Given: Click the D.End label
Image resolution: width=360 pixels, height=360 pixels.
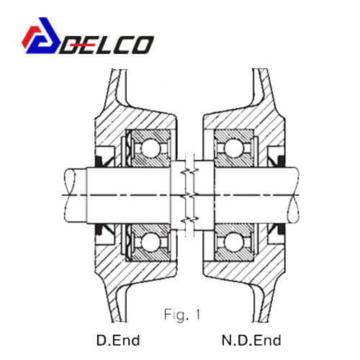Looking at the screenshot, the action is (x=118, y=341).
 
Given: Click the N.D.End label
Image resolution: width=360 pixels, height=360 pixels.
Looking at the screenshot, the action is (x=251, y=341).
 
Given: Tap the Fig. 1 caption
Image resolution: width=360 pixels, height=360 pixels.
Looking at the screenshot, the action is (x=182, y=315).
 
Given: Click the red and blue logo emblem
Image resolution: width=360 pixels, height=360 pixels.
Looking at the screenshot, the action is (x=41, y=35).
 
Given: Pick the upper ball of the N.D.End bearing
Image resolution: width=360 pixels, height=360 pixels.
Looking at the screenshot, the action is (x=233, y=148).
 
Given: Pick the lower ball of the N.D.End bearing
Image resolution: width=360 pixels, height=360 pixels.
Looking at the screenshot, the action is (x=233, y=243).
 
